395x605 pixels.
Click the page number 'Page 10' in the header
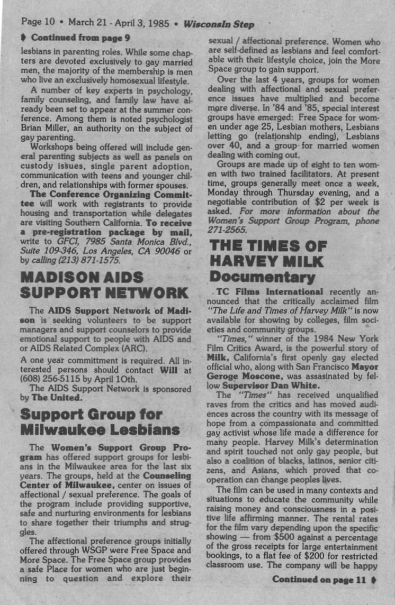[38, 24]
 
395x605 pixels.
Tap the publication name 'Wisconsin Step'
[219, 24]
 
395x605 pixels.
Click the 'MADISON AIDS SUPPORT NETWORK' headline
[104, 285]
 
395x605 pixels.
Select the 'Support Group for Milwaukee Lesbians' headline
[100, 420]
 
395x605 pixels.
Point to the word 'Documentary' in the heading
[262, 276]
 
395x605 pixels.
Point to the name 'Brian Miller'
[44, 126]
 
